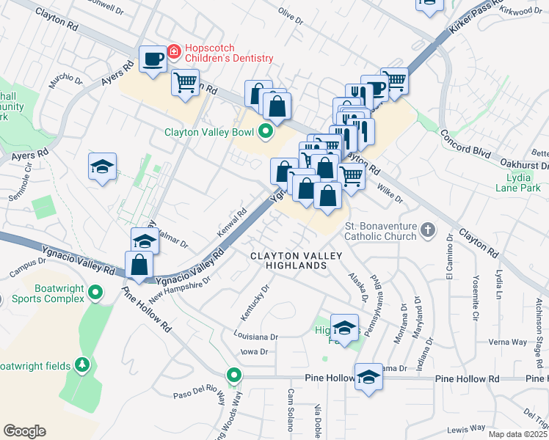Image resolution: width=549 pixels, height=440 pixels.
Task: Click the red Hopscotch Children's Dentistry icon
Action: [174, 52]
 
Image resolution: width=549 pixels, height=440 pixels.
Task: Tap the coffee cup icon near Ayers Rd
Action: [153, 59]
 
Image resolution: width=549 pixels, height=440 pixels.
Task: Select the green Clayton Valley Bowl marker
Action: [264, 133]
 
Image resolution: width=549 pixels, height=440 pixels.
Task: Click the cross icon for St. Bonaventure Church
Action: [427, 232]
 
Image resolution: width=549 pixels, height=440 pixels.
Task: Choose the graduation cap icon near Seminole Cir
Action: [103, 167]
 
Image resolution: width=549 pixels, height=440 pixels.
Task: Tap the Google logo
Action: [24, 431]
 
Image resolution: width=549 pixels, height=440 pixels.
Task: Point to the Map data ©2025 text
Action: [517, 434]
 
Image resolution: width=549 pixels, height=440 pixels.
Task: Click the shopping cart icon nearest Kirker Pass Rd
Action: [395, 81]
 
